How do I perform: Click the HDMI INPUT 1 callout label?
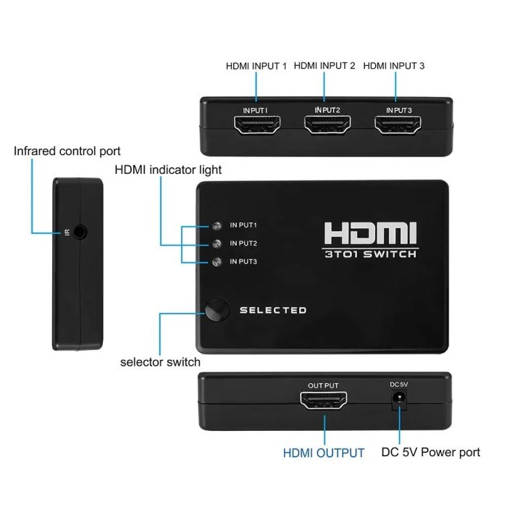click(256, 66)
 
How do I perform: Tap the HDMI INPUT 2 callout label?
click(324, 66)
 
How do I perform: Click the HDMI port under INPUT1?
click(256, 127)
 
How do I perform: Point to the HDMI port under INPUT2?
click(327, 127)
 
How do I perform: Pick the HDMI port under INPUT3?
click(398, 127)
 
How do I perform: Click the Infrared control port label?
click(67, 151)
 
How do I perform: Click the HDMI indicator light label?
click(169, 170)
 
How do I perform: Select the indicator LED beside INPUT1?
click(216, 225)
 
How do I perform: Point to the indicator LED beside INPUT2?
click(216, 243)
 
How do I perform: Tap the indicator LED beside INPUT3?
click(216, 261)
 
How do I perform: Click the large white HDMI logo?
click(370, 233)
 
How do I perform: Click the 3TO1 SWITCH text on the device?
click(370, 254)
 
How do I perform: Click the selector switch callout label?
click(161, 361)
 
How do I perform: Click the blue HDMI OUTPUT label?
click(324, 453)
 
